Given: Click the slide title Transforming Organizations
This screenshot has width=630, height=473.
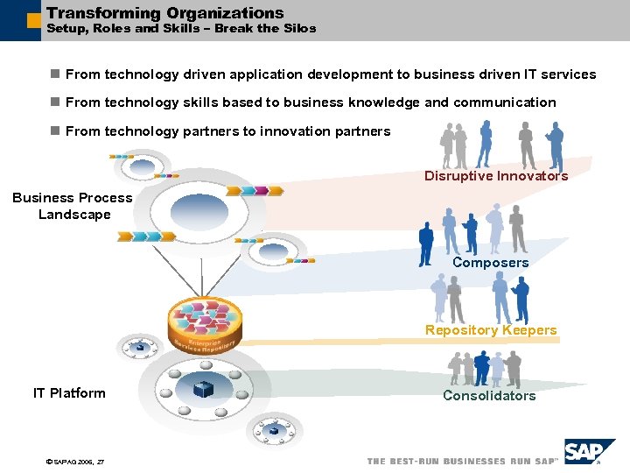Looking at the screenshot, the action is coord(164,13).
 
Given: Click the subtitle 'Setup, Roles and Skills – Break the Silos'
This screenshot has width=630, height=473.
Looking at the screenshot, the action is coord(180,29).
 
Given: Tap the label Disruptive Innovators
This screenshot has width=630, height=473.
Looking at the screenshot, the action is coord(496,176).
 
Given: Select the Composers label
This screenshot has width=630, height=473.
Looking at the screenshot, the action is coord(490,263).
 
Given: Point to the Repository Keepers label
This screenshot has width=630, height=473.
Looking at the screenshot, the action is coord(490,330).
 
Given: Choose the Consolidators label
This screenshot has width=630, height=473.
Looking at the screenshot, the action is coord(488,396).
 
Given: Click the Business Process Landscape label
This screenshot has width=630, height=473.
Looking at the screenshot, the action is coord(73,206).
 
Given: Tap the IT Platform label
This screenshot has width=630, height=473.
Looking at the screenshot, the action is coord(69,393).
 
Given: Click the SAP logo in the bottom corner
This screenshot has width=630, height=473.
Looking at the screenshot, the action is coord(589,453).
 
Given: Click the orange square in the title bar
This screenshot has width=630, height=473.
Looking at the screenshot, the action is coord(33,20).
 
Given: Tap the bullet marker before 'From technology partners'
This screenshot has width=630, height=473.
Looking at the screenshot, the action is coord(54,131).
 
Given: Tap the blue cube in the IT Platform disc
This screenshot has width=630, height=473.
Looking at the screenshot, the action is coord(203,389).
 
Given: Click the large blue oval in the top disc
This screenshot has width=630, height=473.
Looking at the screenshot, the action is coord(199,209).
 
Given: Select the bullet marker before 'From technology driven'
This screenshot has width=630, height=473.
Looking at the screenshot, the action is coord(54,74).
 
